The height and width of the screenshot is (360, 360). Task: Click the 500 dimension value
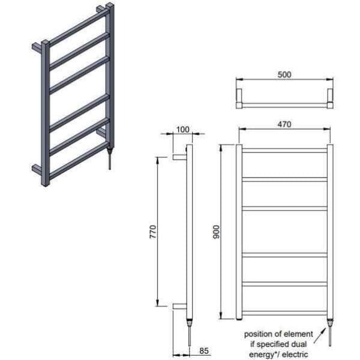point(284,75)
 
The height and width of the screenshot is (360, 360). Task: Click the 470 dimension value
point(284,125)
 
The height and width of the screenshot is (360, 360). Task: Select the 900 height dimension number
point(217,232)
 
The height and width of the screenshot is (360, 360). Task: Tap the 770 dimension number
point(154,232)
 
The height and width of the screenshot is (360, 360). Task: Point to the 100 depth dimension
point(184,130)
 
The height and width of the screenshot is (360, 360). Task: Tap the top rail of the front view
point(284,150)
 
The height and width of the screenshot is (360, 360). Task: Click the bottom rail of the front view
point(284,313)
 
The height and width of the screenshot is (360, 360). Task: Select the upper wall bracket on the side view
point(179,157)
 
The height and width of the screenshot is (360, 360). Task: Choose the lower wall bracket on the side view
point(179,306)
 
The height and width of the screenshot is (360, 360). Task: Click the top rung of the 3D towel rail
point(78,28)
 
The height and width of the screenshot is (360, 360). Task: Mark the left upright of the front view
point(239,232)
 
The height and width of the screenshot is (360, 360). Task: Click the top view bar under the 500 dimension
point(284,104)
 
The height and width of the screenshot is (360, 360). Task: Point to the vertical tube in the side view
point(190,232)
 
